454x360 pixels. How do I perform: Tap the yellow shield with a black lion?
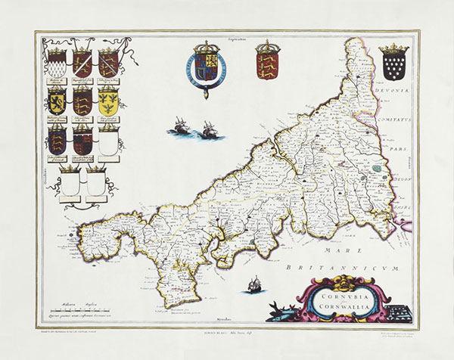point(57,98)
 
